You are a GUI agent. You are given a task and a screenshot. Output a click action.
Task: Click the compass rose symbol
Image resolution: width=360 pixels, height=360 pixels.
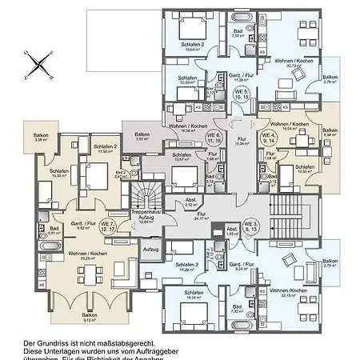pyautogui.click(x=38, y=63)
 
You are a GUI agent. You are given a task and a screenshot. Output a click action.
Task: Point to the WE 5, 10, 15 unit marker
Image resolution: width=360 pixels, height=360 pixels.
pyautogui.click(x=241, y=95)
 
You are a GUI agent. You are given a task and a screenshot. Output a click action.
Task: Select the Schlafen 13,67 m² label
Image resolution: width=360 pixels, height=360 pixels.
pyautogui.click(x=182, y=157)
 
